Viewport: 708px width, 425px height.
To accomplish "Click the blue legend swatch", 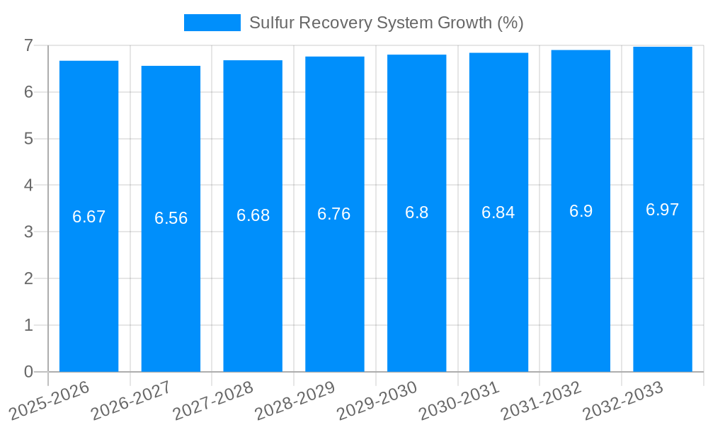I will click(x=212, y=23).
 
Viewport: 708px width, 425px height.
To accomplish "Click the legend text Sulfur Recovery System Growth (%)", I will click(x=386, y=23).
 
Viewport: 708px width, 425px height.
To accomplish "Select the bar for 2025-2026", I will click(x=88, y=283).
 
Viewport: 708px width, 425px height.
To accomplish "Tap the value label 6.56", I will click(x=171, y=218).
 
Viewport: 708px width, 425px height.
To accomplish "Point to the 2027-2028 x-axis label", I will click(x=213, y=400).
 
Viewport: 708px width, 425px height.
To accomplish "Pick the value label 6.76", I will click(x=334, y=214).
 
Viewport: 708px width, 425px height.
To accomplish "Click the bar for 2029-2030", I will click(x=416, y=283).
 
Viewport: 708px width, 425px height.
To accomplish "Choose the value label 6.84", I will click(x=498, y=212).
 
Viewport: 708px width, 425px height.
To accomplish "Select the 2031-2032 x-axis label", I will click(x=542, y=400).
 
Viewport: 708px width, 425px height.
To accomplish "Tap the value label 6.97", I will click(x=662, y=210).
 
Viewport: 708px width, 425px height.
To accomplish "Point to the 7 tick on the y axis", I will click(x=28, y=45).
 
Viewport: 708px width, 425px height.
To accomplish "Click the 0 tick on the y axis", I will click(x=28, y=372).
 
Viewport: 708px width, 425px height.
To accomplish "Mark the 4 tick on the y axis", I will click(x=28, y=186).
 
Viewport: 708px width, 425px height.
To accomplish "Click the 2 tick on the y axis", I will click(x=28, y=278).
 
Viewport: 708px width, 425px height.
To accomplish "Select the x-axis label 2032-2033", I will click(x=623, y=400).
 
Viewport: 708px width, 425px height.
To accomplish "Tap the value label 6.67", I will click(x=88, y=217).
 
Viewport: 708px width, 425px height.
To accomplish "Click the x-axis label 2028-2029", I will click(x=295, y=400).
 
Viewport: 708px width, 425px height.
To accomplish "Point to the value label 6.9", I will click(x=581, y=211).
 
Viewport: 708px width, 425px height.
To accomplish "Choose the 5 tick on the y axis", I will click(x=28, y=139).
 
